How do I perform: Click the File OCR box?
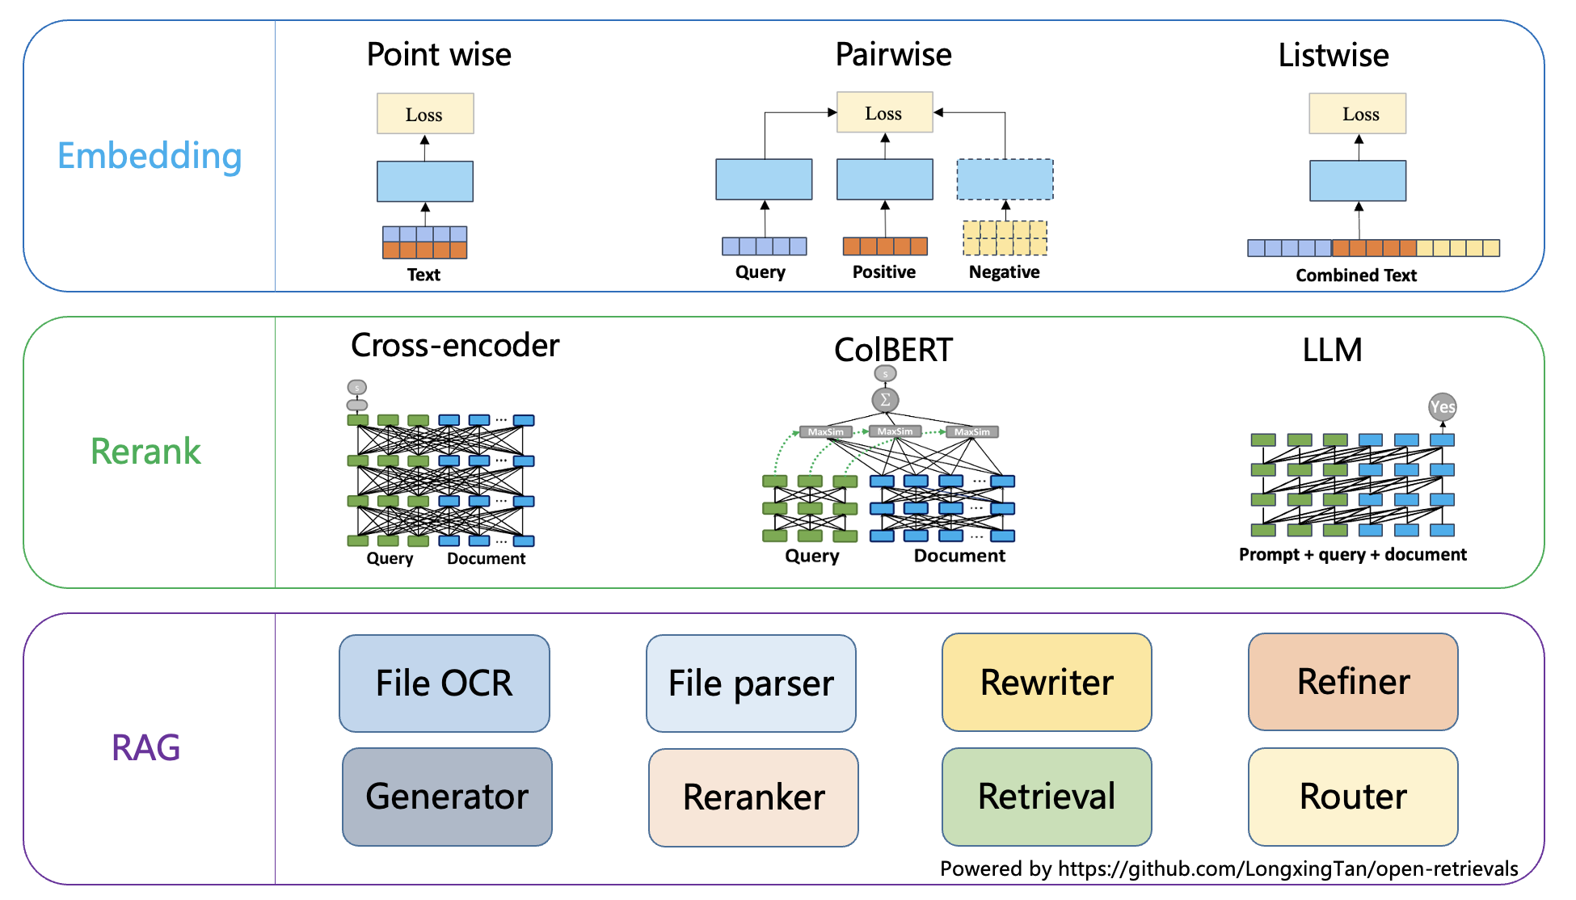click(x=445, y=683)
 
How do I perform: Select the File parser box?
click(x=751, y=683)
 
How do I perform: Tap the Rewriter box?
click(x=1047, y=683)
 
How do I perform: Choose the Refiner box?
click(x=1353, y=682)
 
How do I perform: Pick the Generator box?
click(x=447, y=797)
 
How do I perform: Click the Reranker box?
click(x=753, y=797)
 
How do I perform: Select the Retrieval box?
click(x=1047, y=797)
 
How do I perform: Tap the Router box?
click(x=1353, y=797)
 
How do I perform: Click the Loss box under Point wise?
click(x=425, y=114)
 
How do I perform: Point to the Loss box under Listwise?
click(x=1358, y=114)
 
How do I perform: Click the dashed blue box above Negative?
click(x=1005, y=179)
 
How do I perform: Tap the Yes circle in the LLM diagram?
click(x=1443, y=407)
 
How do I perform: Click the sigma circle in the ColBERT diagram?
click(x=885, y=399)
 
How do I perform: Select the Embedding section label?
click(x=150, y=156)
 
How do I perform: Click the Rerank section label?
click(x=145, y=451)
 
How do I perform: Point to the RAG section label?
click(x=145, y=747)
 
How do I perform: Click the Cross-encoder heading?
click(x=455, y=346)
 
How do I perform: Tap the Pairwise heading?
click(x=894, y=55)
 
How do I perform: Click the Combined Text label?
click(x=1356, y=275)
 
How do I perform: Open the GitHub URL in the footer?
click(x=1288, y=868)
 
